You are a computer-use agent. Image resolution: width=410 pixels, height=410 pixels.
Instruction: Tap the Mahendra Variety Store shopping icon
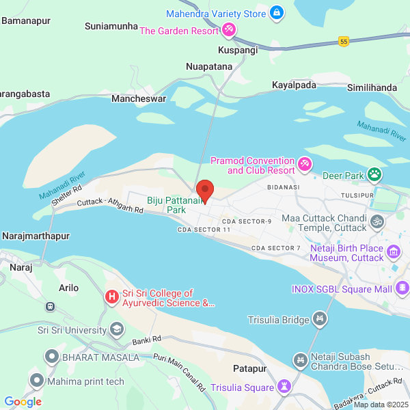click(276, 12)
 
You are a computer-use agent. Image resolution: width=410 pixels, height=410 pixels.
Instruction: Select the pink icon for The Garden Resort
click(229, 30)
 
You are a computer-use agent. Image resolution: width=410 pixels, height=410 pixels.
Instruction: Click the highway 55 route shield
click(343, 42)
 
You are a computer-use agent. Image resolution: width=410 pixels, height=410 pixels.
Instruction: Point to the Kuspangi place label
click(238, 51)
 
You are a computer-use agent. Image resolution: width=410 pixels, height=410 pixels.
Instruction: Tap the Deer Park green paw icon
click(374, 175)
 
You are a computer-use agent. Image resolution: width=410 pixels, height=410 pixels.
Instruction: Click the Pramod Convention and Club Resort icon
click(305, 164)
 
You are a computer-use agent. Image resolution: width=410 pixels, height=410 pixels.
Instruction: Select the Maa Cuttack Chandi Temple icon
click(376, 221)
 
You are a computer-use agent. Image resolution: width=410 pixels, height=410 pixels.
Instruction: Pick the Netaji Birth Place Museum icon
click(393, 253)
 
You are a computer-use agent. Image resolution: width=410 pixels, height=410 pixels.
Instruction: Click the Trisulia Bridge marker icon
click(320, 318)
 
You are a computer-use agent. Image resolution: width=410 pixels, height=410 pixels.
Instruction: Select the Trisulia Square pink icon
click(283, 387)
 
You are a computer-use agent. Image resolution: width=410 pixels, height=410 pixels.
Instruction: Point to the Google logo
click(23, 402)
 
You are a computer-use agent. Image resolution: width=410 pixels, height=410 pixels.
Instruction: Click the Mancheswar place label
click(139, 99)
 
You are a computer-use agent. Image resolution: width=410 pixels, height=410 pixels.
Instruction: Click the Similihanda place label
click(372, 87)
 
